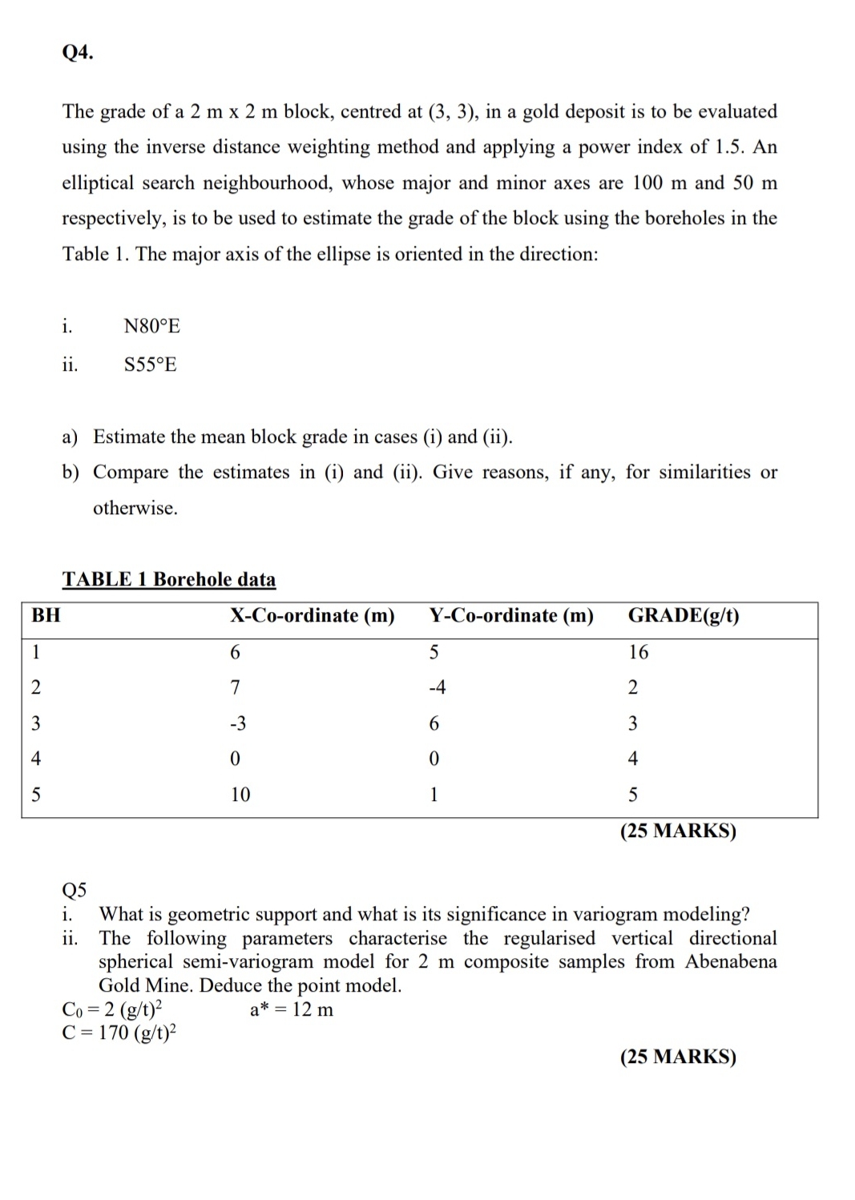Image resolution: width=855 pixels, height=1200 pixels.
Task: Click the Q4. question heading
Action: (78, 53)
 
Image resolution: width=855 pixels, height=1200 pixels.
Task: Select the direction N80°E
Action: (152, 326)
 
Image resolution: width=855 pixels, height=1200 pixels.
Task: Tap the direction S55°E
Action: (151, 364)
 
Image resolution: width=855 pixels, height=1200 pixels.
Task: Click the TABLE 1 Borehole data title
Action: (169, 579)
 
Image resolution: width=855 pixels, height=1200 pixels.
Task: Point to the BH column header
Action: (46, 615)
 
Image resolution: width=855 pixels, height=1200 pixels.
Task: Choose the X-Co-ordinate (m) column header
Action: (313, 615)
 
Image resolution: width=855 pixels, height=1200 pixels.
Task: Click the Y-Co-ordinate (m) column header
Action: (511, 615)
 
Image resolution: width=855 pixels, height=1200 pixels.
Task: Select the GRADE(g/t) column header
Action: (684, 615)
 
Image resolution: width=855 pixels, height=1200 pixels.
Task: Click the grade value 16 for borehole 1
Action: (639, 652)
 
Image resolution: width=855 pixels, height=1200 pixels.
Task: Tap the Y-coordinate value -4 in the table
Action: (436, 687)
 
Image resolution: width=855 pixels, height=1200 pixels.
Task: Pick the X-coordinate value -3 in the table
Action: (238, 723)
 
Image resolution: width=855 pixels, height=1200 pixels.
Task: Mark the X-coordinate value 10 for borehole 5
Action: (240, 795)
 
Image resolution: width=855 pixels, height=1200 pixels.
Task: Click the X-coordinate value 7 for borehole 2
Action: (235, 687)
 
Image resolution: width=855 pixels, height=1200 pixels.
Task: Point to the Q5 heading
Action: (75, 890)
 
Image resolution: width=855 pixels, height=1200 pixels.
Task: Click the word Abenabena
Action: (731, 961)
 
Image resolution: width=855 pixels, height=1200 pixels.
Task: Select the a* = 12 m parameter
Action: (292, 1009)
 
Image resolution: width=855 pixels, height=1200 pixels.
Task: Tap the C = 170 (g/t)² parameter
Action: (119, 1033)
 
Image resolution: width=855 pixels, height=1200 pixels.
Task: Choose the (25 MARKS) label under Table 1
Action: (678, 831)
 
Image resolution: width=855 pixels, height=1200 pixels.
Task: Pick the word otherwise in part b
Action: (135, 508)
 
